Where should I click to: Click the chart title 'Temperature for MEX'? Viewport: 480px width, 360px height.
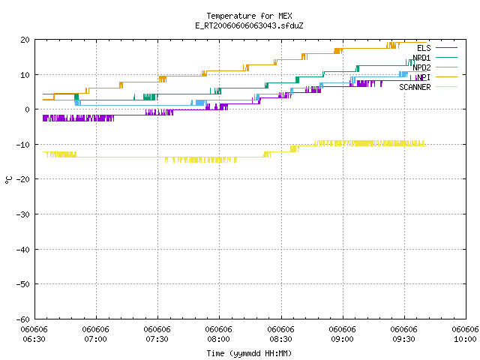coord(249,16)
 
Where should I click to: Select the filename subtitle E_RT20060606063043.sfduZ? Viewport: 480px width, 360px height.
coord(249,25)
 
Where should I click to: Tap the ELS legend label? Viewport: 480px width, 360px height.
coord(424,48)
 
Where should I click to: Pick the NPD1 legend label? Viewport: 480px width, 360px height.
coord(421,58)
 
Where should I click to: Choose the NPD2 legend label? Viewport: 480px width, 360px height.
coord(421,67)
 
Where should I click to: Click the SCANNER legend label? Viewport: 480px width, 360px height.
coord(415,87)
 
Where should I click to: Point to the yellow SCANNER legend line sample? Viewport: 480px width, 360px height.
coord(447,87)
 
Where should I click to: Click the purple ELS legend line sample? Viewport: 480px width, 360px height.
coord(447,48)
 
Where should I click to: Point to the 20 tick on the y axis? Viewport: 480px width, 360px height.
coord(25,40)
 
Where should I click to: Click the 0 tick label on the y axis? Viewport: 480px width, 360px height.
coord(27,109)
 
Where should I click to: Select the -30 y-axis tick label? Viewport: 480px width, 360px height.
coord(23,214)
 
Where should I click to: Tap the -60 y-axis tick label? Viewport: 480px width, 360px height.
coord(23,319)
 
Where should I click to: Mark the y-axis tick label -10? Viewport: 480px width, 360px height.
coord(23,145)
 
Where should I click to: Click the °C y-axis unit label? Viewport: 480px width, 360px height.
coord(8,180)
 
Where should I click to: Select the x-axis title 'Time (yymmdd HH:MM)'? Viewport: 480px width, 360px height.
coord(249,353)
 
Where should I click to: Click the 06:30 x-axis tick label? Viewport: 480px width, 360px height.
coord(34,339)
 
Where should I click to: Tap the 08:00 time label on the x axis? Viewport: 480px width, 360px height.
coord(218,339)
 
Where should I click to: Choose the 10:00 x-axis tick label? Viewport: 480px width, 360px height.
coord(465,339)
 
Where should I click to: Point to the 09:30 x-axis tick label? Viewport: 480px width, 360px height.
coord(403,339)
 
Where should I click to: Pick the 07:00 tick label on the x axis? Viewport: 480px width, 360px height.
coord(95,339)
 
